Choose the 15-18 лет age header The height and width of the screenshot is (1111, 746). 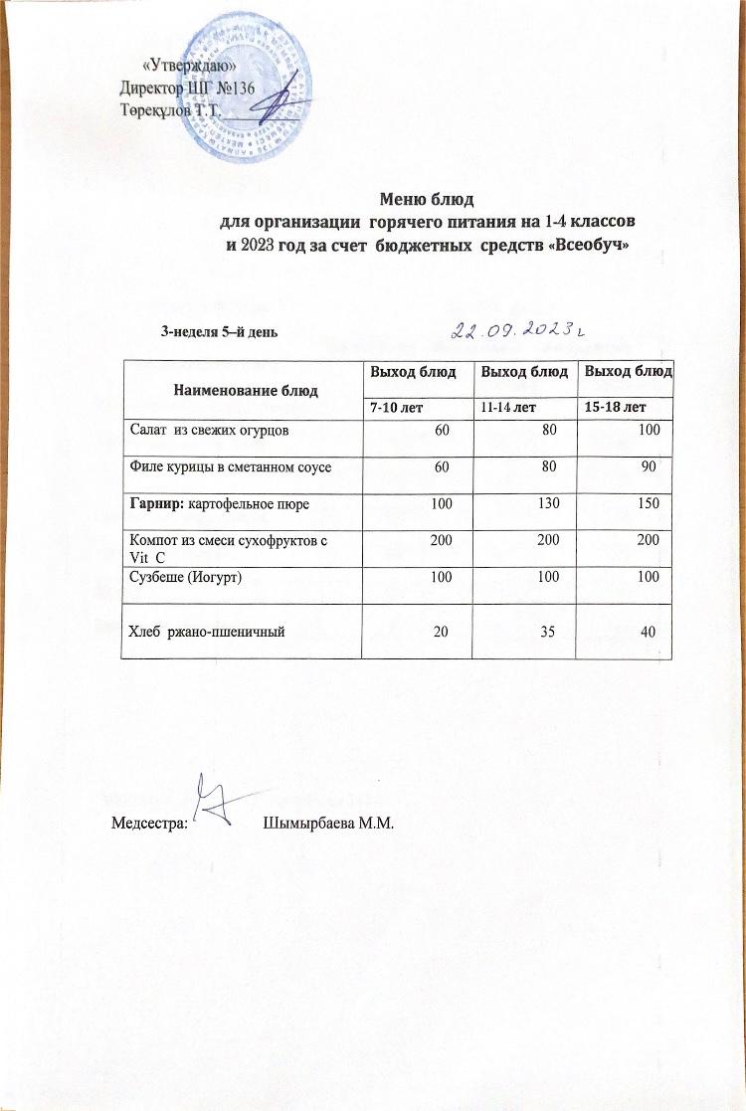coord(616,408)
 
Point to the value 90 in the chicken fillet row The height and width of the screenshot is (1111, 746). coord(653,466)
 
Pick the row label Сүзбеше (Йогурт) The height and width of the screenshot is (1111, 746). coord(192,578)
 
